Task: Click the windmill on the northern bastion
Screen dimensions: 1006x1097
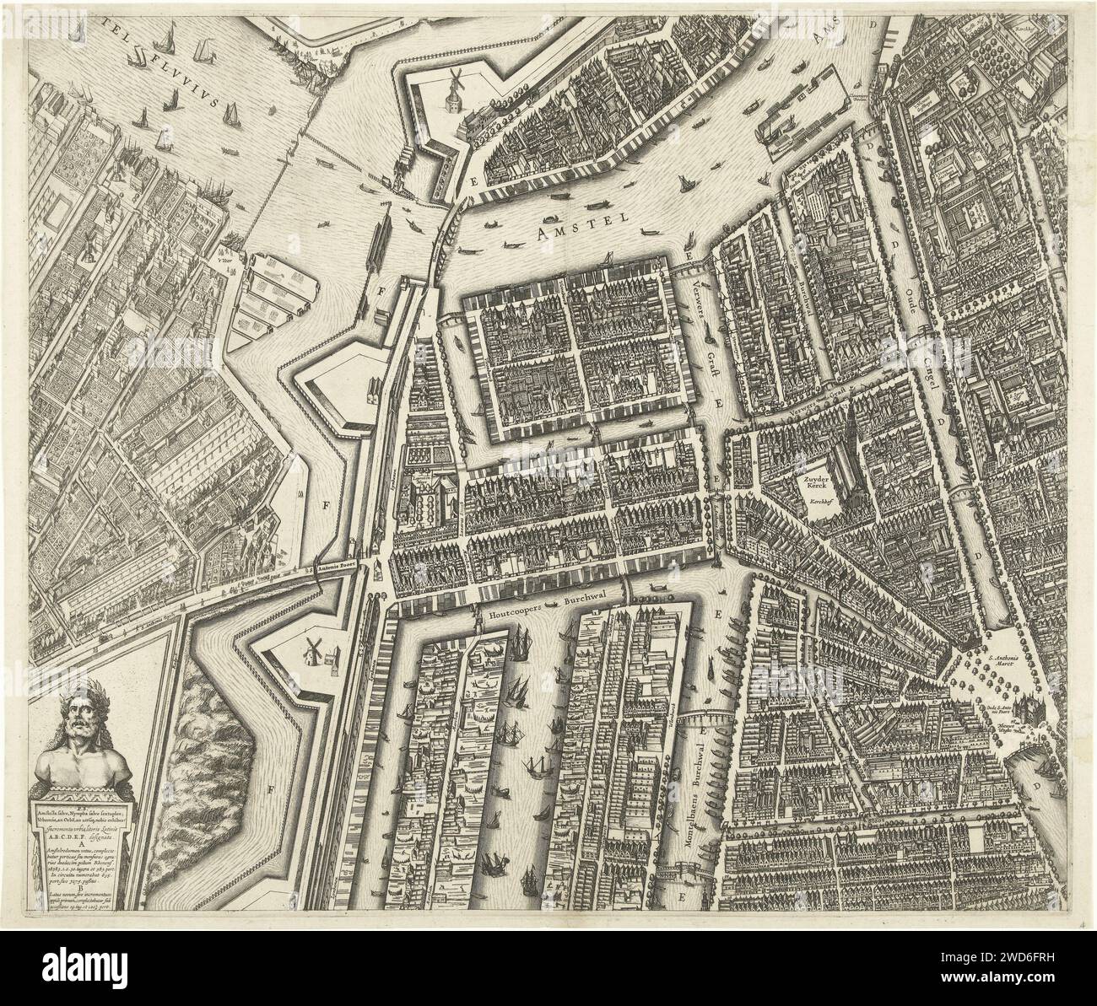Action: point(454,88)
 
